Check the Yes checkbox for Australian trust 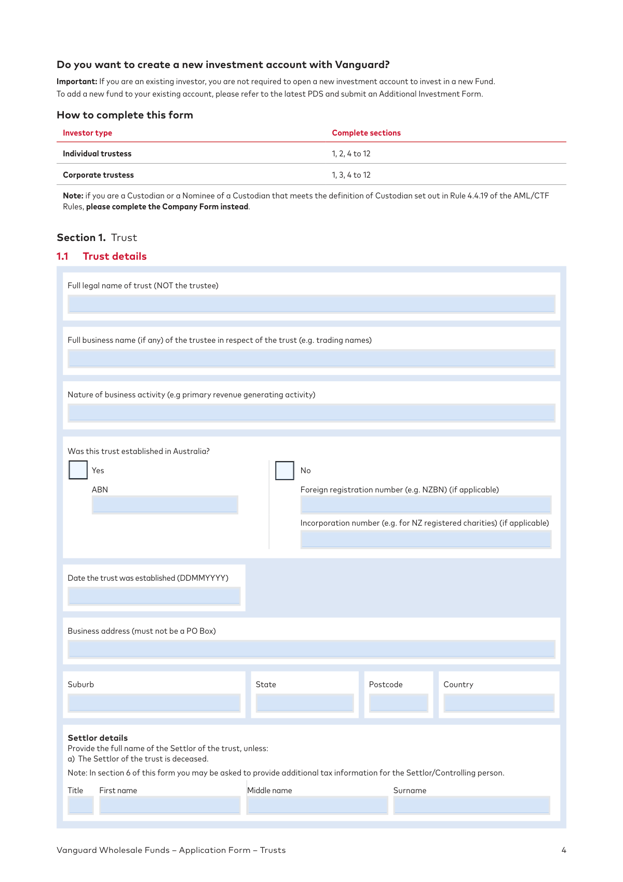[x=78, y=470]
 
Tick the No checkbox [x=285, y=471]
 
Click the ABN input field [x=165, y=505]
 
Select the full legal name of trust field [x=311, y=304]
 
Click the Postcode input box [x=398, y=703]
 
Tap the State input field [x=304, y=703]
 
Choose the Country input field [x=499, y=703]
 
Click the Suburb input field [x=154, y=703]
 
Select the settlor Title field [x=80, y=805]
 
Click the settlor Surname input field [x=471, y=805]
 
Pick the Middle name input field [x=317, y=805]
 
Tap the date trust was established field [x=154, y=596]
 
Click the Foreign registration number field [x=425, y=505]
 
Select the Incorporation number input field [x=425, y=539]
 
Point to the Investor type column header [x=87, y=133]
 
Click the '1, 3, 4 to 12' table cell [x=351, y=175]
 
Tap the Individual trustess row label [x=97, y=154]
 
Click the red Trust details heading [x=114, y=256]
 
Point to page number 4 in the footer [x=564, y=850]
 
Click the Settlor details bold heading [x=98, y=738]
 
